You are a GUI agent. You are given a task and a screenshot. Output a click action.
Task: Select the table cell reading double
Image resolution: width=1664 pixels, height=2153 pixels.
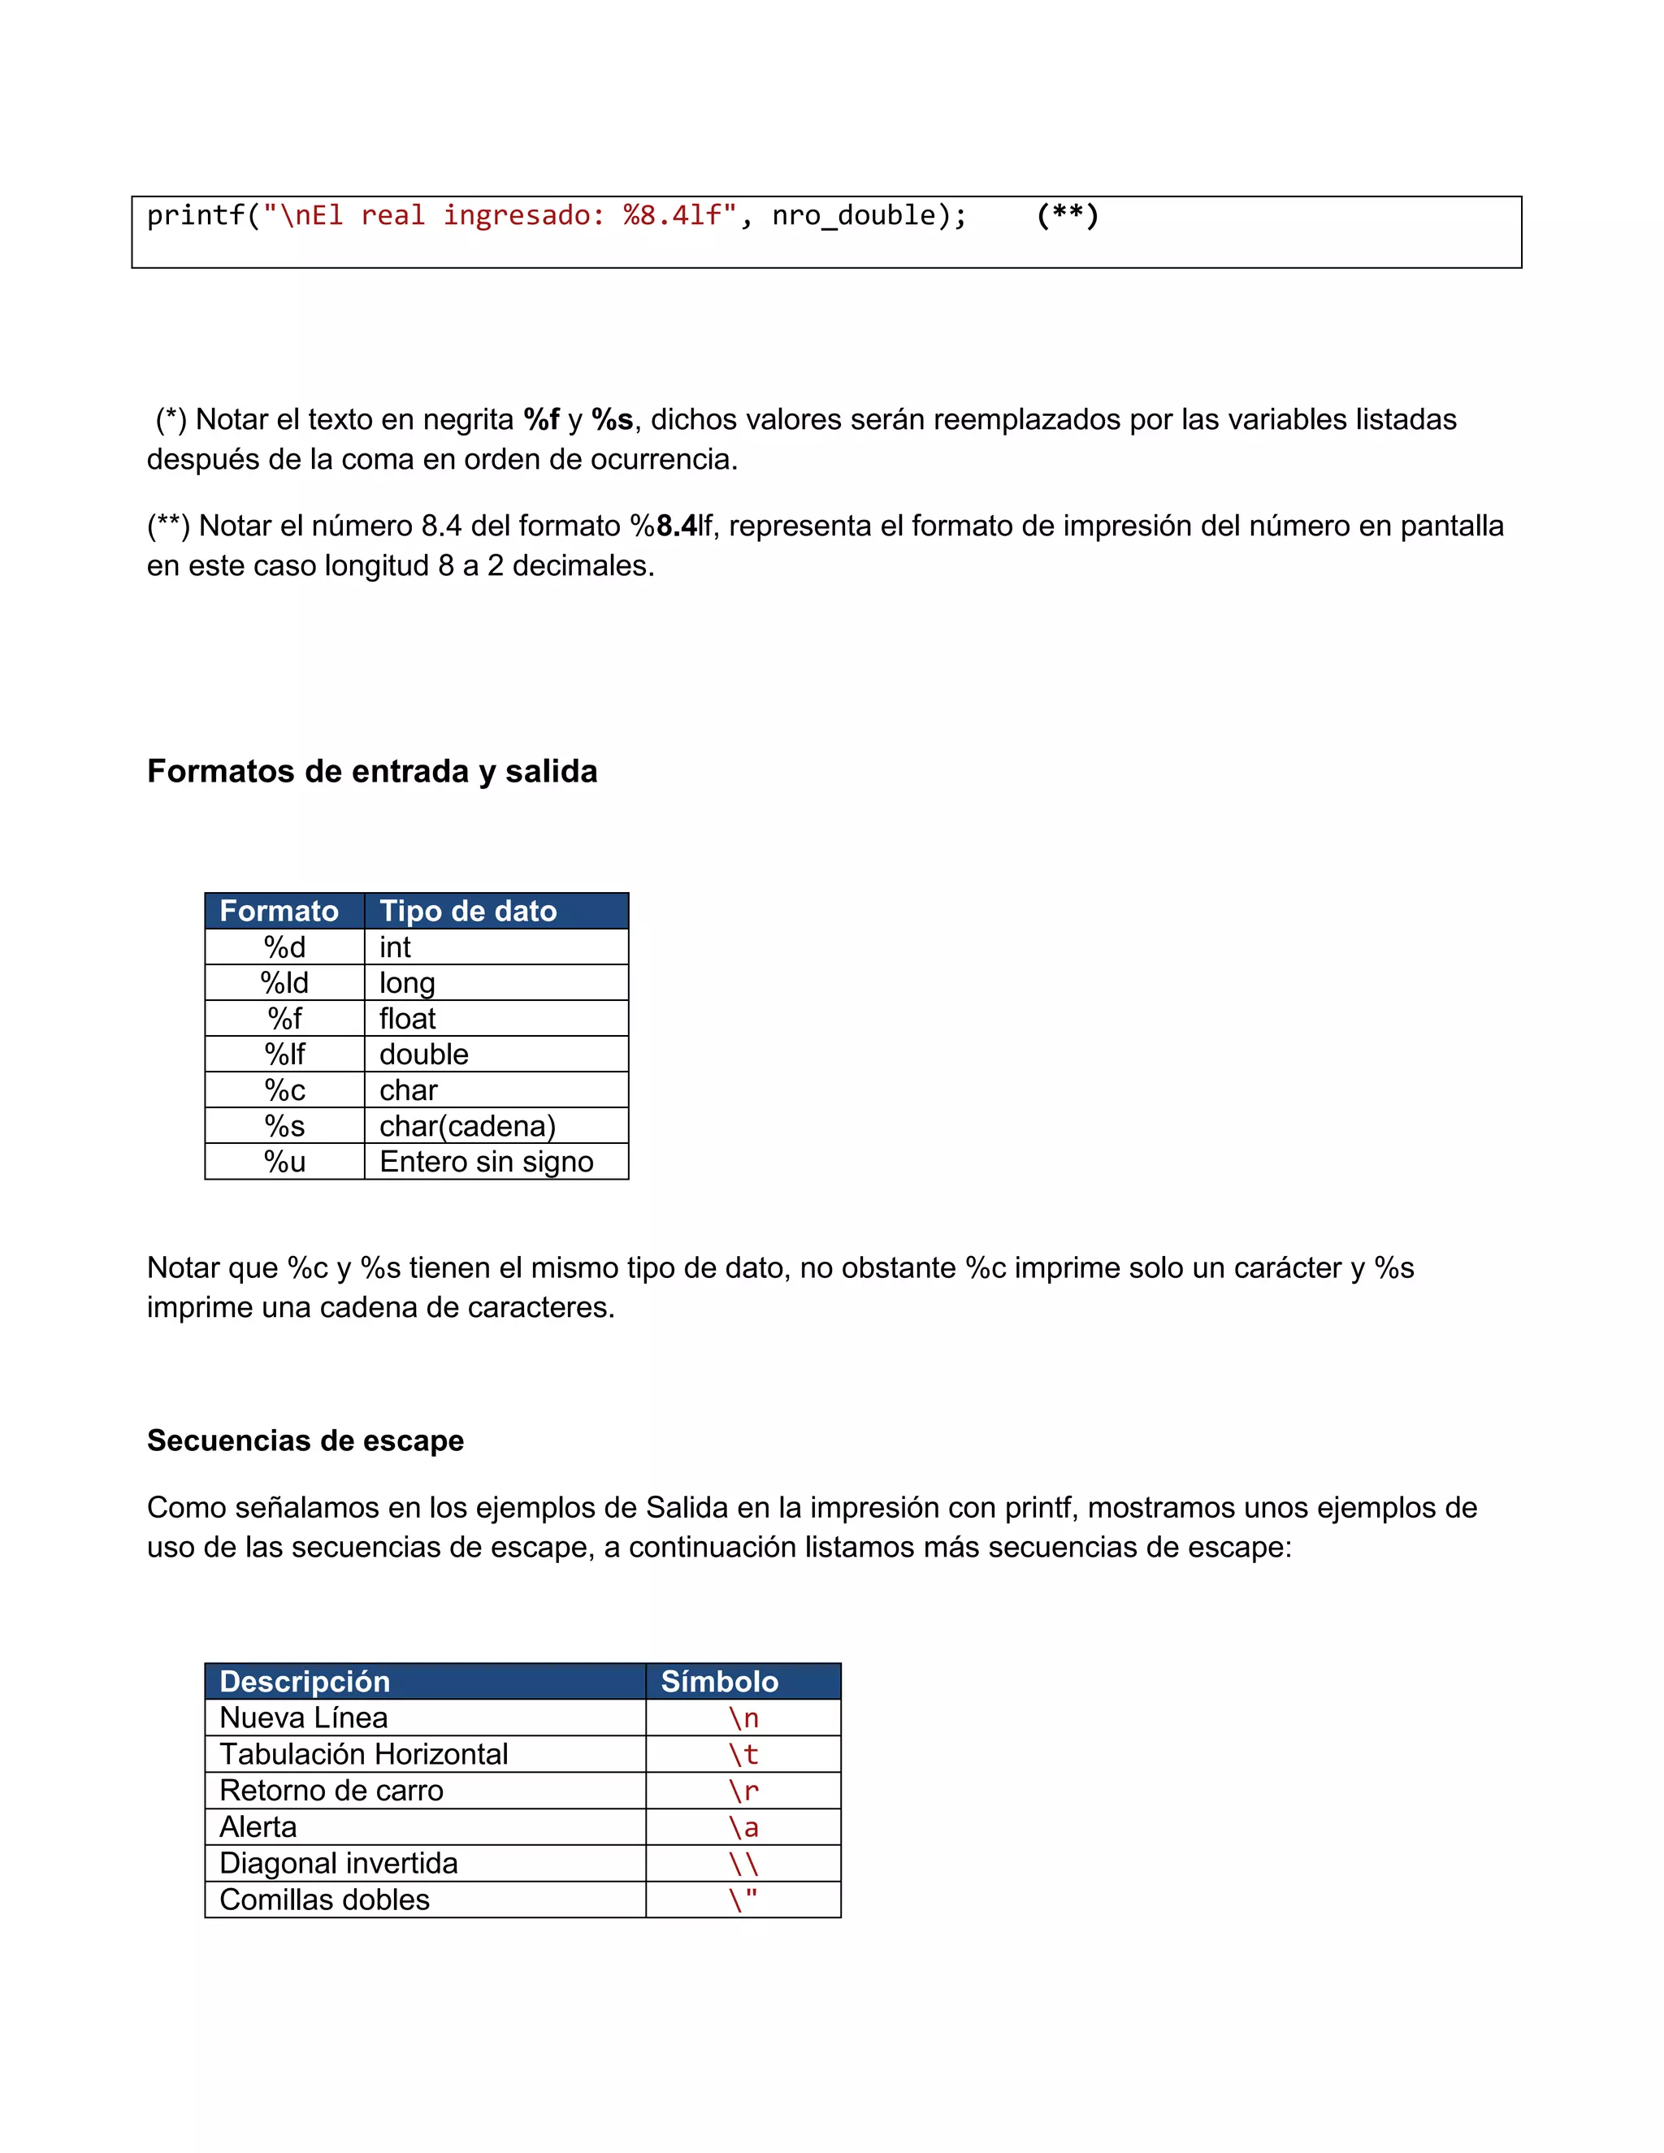[x=424, y=1054]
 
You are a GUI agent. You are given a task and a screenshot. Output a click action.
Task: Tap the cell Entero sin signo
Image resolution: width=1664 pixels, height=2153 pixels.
[x=486, y=1161]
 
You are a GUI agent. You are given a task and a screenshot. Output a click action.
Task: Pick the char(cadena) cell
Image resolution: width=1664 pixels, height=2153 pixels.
[x=467, y=1126]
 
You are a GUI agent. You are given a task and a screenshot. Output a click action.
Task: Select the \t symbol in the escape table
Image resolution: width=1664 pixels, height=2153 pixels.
[x=743, y=1755]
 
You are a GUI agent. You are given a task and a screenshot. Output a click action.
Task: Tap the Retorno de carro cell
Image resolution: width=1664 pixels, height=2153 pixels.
[x=331, y=1790]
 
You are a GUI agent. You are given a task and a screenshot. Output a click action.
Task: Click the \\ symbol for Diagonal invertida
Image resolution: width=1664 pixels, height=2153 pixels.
[x=743, y=1863]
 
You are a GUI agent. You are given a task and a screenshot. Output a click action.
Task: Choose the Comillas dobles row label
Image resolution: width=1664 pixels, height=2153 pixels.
[x=324, y=1900]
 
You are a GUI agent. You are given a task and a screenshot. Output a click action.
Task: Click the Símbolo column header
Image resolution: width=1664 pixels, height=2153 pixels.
[x=720, y=1682]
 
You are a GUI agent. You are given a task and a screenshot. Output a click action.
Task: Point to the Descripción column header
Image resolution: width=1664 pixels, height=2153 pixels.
[x=305, y=1682]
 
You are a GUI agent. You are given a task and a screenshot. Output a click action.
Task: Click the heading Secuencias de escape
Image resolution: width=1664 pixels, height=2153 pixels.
[x=305, y=1440]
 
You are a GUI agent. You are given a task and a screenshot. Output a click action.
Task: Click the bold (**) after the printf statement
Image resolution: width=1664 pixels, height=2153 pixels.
[x=1067, y=215]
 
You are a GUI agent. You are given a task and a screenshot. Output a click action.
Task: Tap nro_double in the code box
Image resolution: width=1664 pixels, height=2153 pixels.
[x=854, y=216]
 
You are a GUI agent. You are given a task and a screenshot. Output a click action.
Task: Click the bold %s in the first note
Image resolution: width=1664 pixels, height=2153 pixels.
[x=612, y=420]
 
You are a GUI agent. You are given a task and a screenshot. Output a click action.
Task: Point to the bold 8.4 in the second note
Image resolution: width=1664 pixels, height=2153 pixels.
[x=676, y=526]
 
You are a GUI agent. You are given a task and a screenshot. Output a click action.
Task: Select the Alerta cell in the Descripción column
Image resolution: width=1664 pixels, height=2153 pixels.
[x=258, y=1826]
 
